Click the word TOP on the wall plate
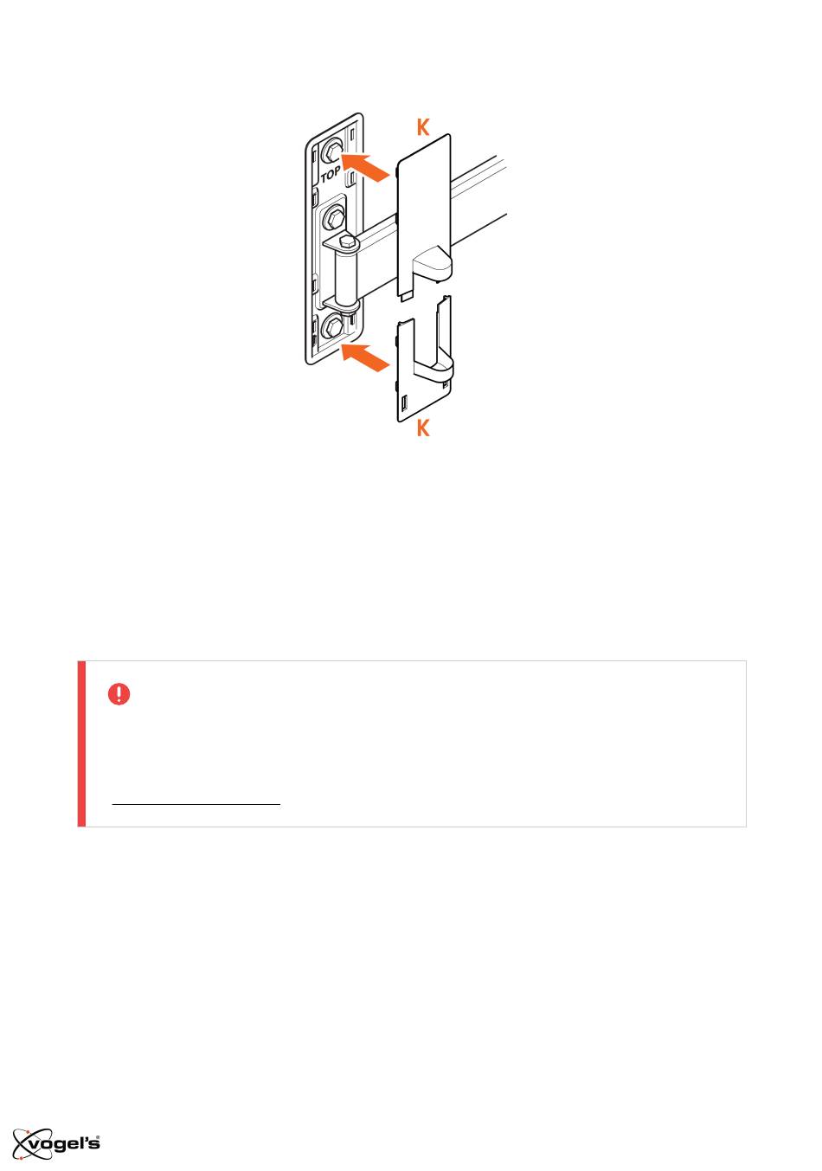(x=331, y=174)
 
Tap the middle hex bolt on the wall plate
(x=333, y=216)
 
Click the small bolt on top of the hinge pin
(x=346, y=241)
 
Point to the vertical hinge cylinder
(x=345, y=277)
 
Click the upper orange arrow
(x=365, y=165)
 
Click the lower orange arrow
(x=365, y=357)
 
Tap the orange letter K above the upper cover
(x=423, y=127)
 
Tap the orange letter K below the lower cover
(x=423, y=428)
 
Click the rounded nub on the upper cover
(x=432, y=263)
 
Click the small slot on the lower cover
(x=404, y=403)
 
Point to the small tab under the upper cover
(x=406, y=296)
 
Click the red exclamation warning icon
(x=119, y=694)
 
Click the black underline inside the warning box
(x=196, y=803)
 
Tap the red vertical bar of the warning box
(x=81, y=743)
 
